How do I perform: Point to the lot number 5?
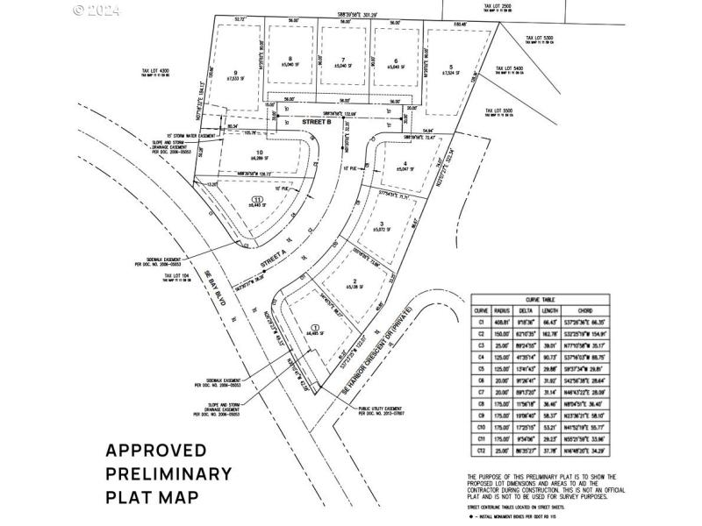point(451,68)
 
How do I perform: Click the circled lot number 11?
point(256,200)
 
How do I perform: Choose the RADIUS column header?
point(502,309)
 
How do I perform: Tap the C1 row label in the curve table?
point(480,322)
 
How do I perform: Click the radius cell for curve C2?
point(502,333)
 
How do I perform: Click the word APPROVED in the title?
point(156,451)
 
